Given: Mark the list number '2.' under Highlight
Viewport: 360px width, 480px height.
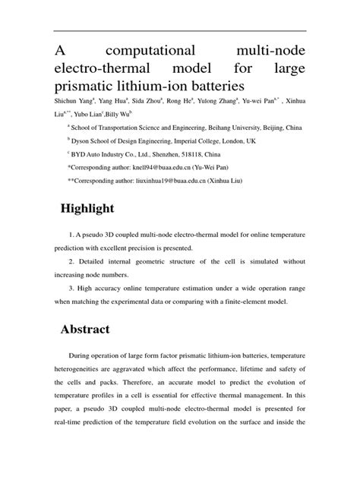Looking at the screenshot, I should point(71,262).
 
